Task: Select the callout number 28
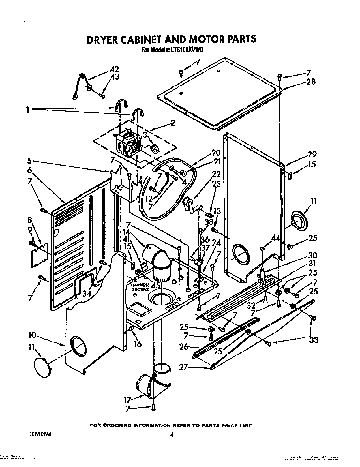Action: pyautogui.click(x=310, y=82)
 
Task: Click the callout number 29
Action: pyautogui.click(x=312, y=155)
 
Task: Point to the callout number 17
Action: pyautogui.click(x=127, y=400)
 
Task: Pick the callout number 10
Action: pyautogui.click(x=32, y=336)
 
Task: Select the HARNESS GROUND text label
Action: pyautogui.click(x=140, y=287)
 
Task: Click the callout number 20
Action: pyautogui.click(x=216, y=153)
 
